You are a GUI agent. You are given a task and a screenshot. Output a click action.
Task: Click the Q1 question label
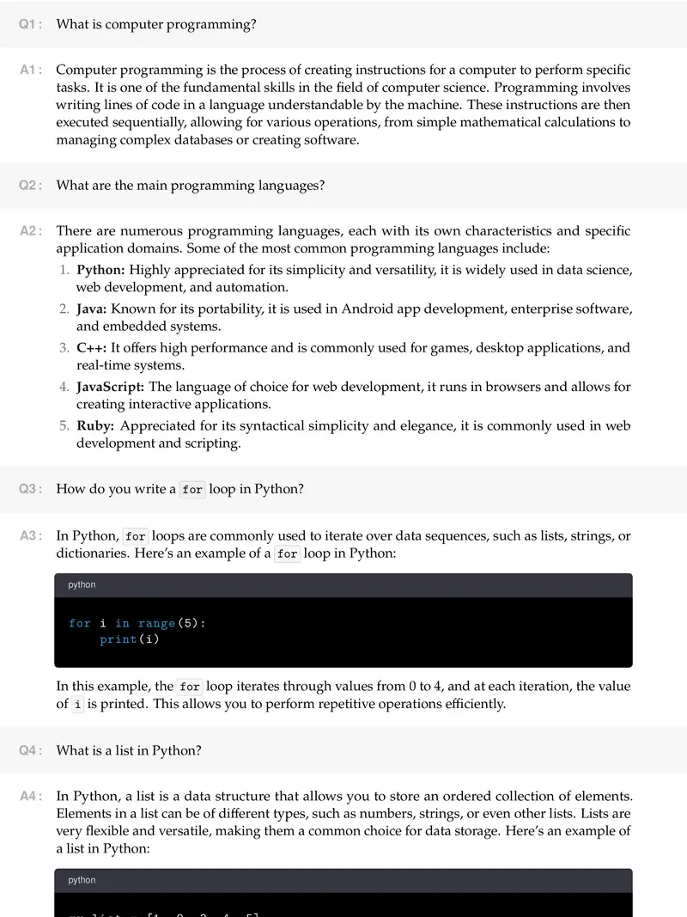(31, 25)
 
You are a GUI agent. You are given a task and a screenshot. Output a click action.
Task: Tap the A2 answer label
(31, 231)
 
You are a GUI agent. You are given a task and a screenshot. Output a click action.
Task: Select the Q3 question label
(31, 489)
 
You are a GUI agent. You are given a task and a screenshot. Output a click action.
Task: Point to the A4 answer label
(31, 797)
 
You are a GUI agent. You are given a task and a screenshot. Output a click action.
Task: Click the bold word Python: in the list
(100, 270)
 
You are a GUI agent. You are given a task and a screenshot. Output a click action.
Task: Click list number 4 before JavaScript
(64, 387)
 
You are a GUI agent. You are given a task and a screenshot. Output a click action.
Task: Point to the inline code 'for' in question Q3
(192, 490)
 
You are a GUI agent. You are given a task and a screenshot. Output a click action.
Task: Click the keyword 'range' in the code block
(156, 623)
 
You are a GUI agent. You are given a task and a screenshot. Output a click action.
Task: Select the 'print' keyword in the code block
(119, 639)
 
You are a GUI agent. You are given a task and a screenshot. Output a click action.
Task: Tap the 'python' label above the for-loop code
(82, 585)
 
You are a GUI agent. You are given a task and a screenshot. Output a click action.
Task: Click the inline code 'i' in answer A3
(78, 705)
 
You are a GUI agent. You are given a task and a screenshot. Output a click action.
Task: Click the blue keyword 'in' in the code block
(123, 623)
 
